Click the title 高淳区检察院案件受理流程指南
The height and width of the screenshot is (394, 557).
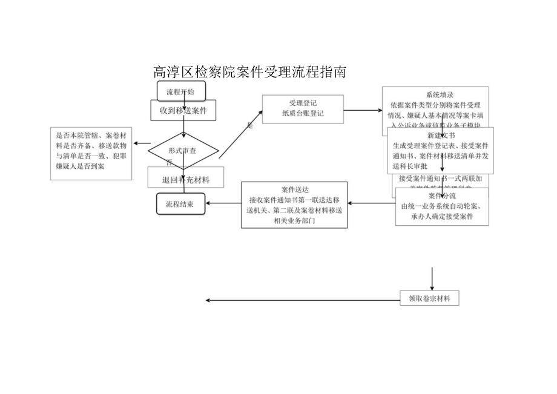tap(250, 73)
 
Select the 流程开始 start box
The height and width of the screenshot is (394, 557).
tap(181, 92)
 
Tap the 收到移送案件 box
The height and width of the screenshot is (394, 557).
tap(183, 111)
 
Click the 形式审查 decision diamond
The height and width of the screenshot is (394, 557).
tap(184, 150)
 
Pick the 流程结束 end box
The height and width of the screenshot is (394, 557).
tap(180, 204)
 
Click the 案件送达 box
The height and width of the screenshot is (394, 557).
tap(294, 205)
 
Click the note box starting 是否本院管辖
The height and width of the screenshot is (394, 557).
tap(91, 153)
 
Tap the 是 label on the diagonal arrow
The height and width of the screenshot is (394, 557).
tap(249, 126)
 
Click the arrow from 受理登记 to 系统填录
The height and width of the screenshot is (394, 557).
tap(363, 110)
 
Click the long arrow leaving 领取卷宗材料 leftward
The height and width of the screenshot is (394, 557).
tap(303, 300)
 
